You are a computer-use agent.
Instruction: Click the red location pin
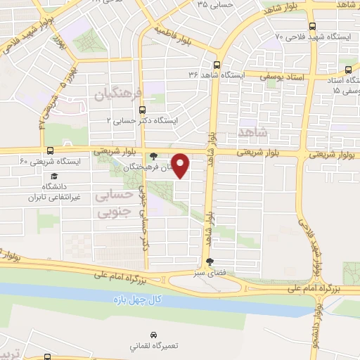(181, 165)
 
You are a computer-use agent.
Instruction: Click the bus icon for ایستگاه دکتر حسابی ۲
(143, 110)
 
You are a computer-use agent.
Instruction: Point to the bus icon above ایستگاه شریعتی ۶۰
(49, 150)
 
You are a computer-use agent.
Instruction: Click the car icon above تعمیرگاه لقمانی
(153, 334)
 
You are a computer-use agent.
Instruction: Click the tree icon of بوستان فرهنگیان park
(154, 156)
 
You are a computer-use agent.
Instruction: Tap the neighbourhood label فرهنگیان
(117, 94)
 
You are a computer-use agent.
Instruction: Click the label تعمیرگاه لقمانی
(153, 347)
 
